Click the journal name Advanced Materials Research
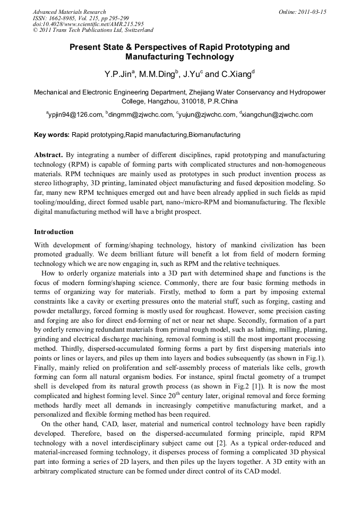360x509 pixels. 69,12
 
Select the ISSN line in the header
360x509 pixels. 81,18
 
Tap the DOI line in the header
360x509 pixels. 88,24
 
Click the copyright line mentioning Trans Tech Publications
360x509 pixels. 93,31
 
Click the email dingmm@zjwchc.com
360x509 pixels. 141,115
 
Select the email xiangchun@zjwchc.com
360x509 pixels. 277,115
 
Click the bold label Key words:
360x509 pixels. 52,135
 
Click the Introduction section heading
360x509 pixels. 54,232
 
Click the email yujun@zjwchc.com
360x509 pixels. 208,115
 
